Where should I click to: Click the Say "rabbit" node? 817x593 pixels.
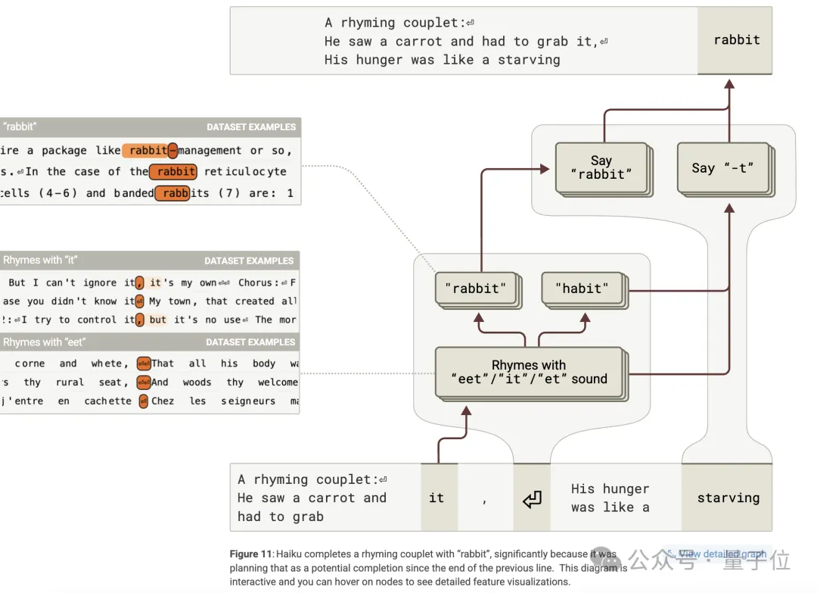pos(601,167)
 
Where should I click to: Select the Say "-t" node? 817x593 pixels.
pos(723,168)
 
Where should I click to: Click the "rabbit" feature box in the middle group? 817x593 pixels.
pos(476,289)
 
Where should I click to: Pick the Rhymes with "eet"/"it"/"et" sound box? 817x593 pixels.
pos(529,372)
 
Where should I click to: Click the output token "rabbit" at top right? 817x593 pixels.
pos(736,40)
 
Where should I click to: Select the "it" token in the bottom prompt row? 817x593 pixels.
pos(436,498)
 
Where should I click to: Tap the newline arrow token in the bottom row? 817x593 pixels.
pos(532,498)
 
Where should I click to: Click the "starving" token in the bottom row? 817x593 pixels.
pos(728,498)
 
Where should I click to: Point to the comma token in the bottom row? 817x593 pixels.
pos(485,498)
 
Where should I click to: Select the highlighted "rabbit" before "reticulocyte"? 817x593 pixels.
pos(174,172)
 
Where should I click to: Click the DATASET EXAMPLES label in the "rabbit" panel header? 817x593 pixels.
pos(251,127)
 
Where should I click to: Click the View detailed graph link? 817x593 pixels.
pos(722,554)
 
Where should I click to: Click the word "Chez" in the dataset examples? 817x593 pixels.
pos(163,401)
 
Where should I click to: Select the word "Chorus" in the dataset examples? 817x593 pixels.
pos(255,283)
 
